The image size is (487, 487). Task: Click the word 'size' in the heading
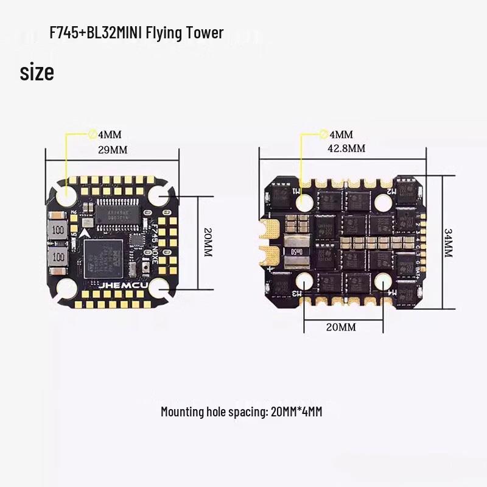[37, 72]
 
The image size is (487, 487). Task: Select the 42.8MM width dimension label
[348, 149]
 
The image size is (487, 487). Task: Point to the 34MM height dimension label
[448, 243]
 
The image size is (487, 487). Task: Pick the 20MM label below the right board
[340, 327]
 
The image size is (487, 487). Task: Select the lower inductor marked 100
[58, 259]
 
